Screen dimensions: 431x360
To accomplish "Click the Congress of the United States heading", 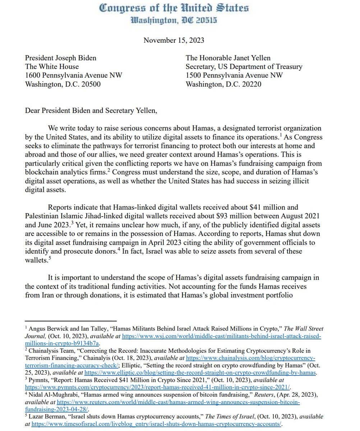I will click(x=174, y=8).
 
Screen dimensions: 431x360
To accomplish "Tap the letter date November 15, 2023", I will click(x=174, y=40).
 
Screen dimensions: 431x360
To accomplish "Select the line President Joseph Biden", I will click(x=60, y=57).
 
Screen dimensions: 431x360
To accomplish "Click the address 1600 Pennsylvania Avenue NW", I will click(x=73, y=75).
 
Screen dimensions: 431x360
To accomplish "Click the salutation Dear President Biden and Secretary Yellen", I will click(x=91, y=110).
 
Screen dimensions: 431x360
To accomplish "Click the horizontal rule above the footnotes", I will click(x=71, y=321).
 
